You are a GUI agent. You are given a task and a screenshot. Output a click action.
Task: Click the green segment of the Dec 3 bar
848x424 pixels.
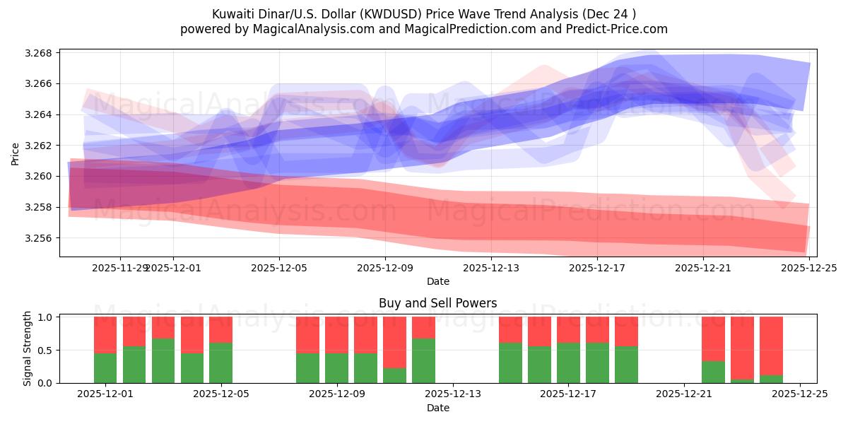(163, 360)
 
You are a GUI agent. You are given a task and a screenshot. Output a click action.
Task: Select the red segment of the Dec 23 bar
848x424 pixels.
(742, 348)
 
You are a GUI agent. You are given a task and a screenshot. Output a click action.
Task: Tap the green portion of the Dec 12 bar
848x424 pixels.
(423, 360)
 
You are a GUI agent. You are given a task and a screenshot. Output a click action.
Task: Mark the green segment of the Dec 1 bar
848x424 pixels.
(105, 367)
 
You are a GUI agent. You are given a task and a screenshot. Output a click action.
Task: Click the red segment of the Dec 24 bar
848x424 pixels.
(771, 346)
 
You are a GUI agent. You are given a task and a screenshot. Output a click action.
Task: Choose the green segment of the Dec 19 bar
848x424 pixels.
(626, 365)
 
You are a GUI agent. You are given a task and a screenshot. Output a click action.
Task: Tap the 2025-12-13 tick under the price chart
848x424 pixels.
(491, 268)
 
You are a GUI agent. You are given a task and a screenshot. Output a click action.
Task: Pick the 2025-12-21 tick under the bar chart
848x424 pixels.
(684, 394)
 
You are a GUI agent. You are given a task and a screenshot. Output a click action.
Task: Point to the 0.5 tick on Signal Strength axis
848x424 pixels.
(46, 351)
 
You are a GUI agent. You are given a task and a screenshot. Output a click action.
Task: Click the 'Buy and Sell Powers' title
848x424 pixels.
(437, 303)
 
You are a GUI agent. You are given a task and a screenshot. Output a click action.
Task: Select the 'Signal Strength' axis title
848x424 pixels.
(28, 348)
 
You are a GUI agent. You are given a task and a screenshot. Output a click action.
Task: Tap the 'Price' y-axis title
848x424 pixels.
(16, 153)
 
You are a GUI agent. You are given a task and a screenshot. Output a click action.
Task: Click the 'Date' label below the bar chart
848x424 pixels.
(437, 408)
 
